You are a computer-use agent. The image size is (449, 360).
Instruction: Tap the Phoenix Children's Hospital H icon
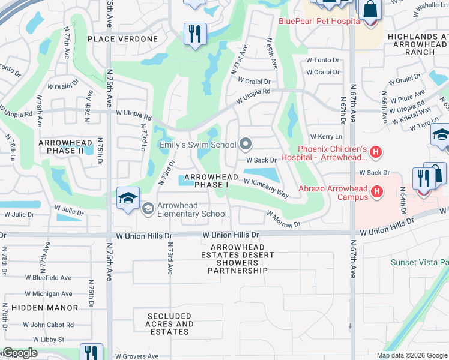tap(376, 153)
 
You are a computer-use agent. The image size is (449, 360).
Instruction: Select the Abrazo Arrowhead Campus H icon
tap(376, 192)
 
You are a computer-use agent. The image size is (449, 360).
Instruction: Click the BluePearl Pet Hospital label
tap(319, 21)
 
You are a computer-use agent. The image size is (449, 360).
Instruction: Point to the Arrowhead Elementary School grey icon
tap(148, 209)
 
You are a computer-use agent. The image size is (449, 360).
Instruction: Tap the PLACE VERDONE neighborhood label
tap(122, 39)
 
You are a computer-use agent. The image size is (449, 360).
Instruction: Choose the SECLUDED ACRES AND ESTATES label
tap(169, 324)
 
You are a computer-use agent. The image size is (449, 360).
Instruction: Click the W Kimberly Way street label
tap(266, 187)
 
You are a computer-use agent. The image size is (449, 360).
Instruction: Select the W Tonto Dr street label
tap(322, 60)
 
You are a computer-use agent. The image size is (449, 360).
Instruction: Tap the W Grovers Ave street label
tap(137, 356)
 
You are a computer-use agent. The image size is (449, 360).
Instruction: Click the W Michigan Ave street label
tap(49, 294)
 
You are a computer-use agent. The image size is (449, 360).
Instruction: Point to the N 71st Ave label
tap(238, 61)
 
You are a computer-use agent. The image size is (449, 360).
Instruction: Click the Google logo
tap(19, 353)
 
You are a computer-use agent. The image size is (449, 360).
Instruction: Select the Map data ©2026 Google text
tap(411, 355)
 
